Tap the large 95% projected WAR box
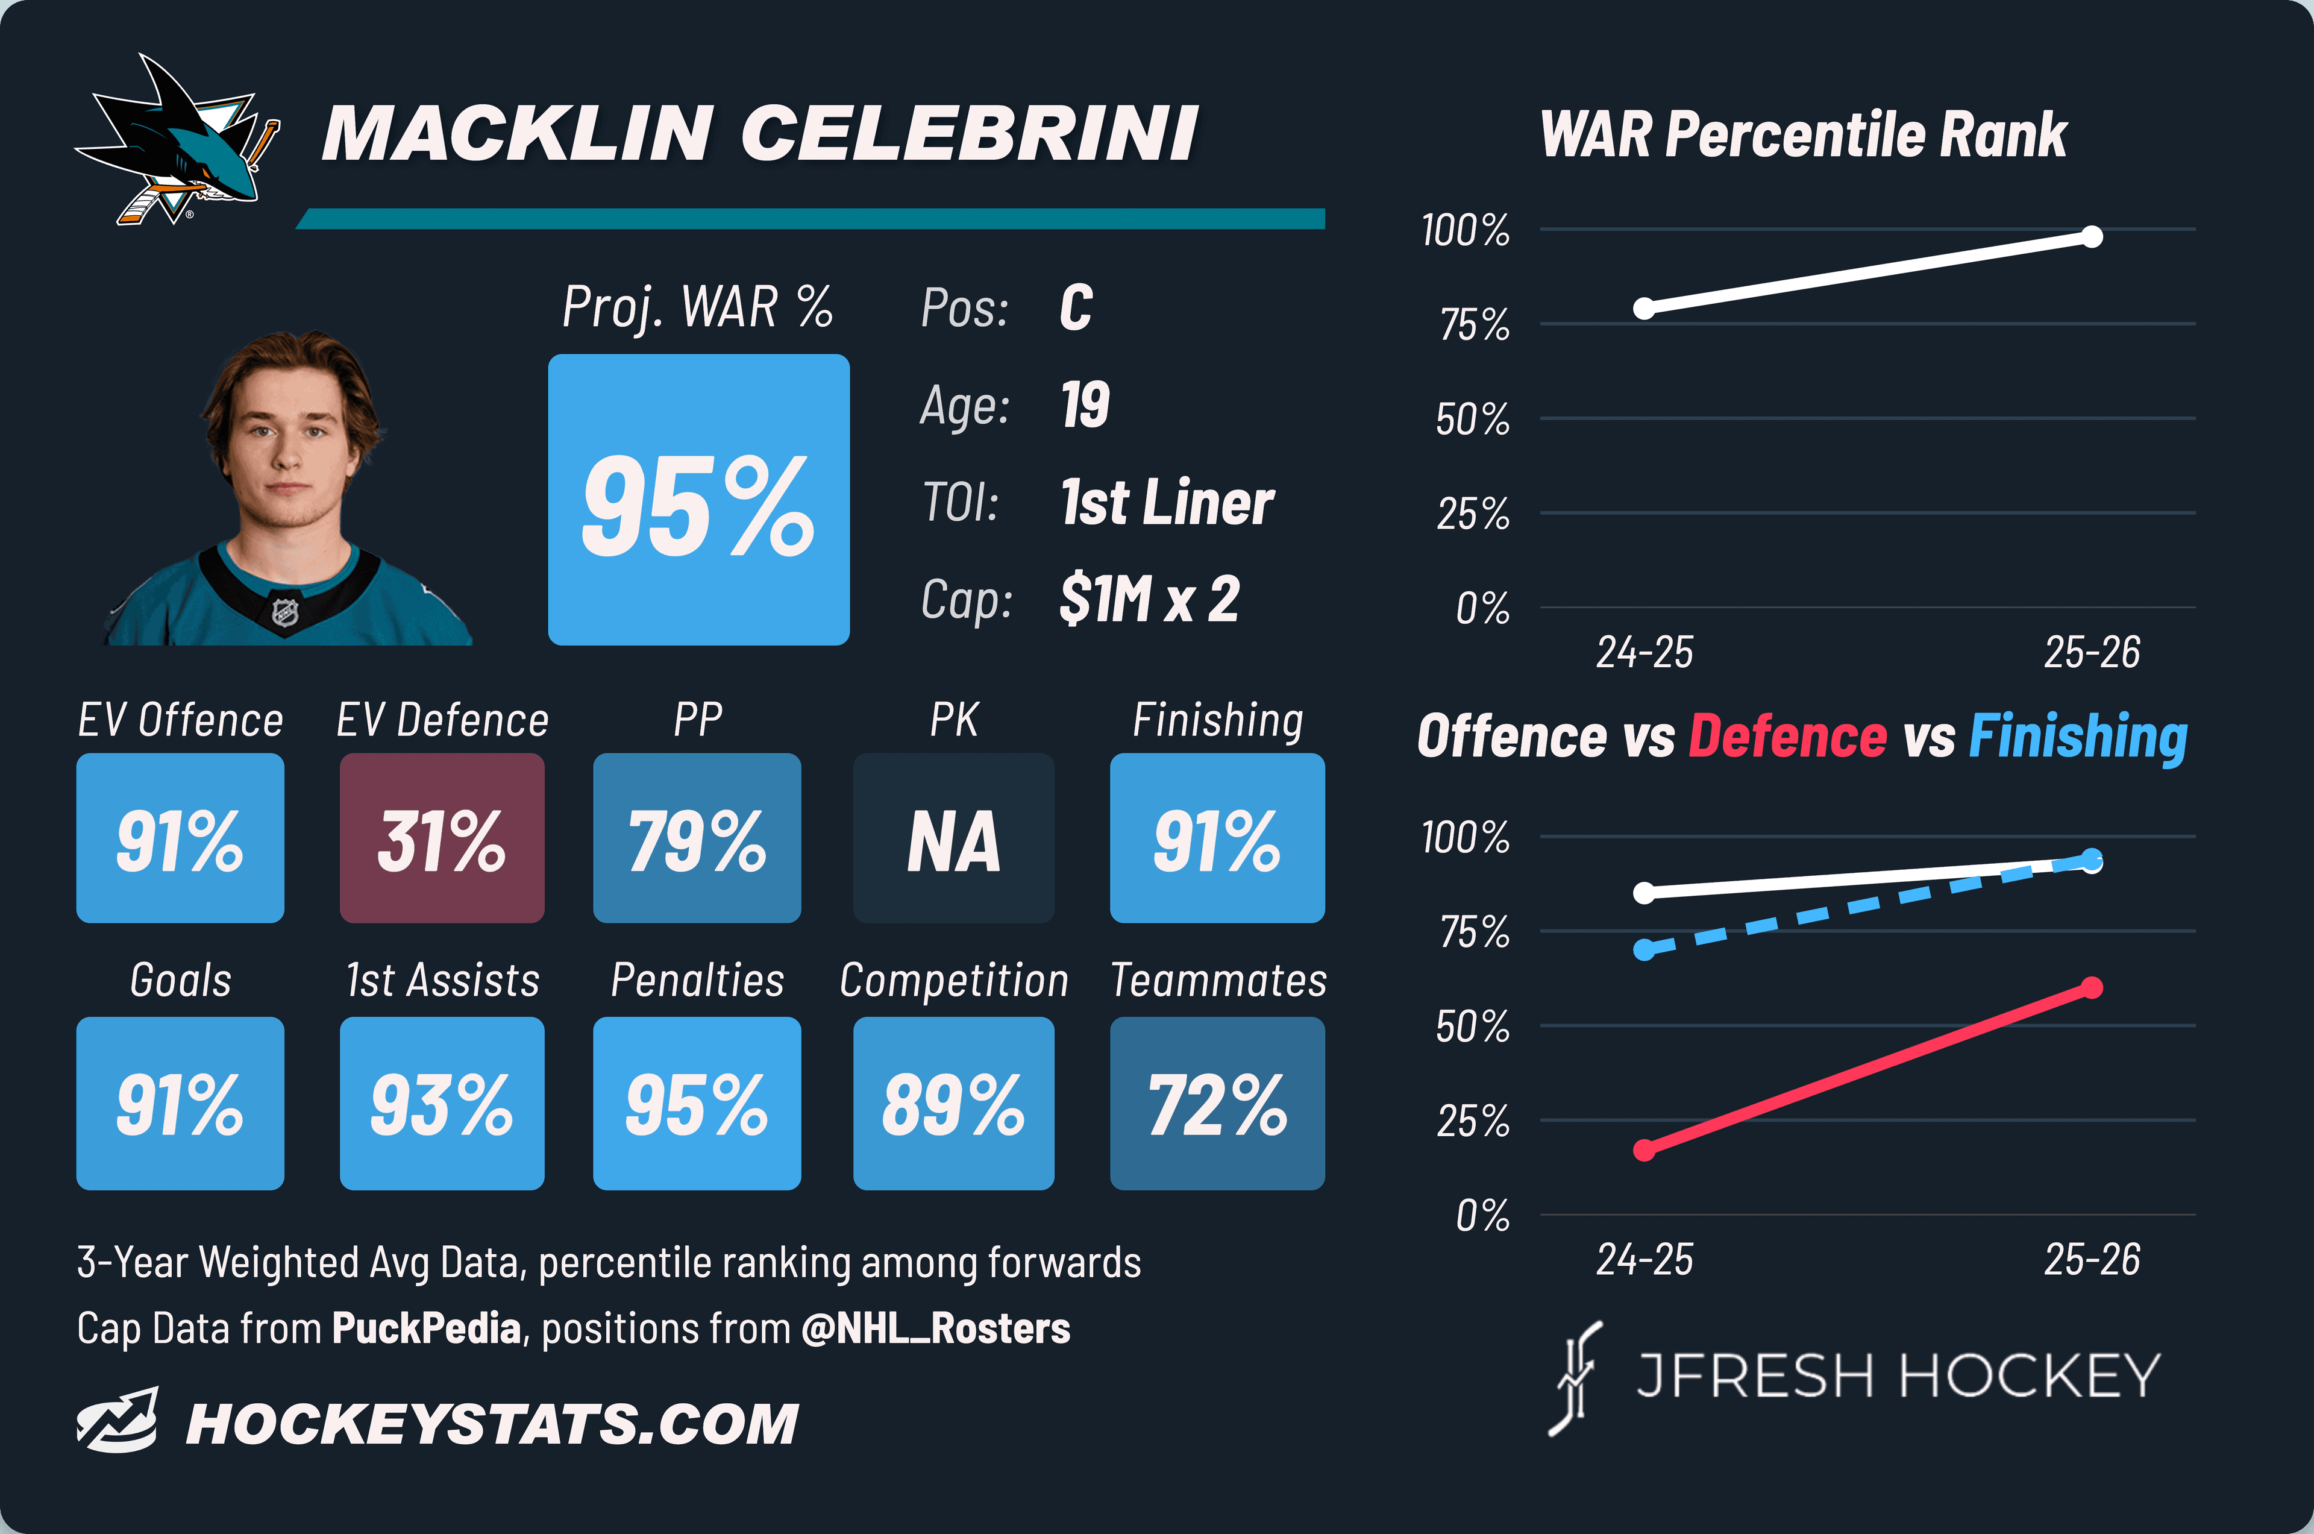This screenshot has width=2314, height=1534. point(698,499)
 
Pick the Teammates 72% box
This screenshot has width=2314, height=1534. point(1218,1104)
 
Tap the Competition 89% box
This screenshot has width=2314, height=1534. point(953,1104)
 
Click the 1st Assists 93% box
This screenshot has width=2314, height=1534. point(442,1104)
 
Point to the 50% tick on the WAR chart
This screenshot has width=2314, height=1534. point(1473,420)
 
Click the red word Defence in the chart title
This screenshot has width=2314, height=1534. point(1788,736)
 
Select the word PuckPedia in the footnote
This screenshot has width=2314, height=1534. point(427,1328)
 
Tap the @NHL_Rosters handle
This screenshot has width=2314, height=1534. point(936,1328)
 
